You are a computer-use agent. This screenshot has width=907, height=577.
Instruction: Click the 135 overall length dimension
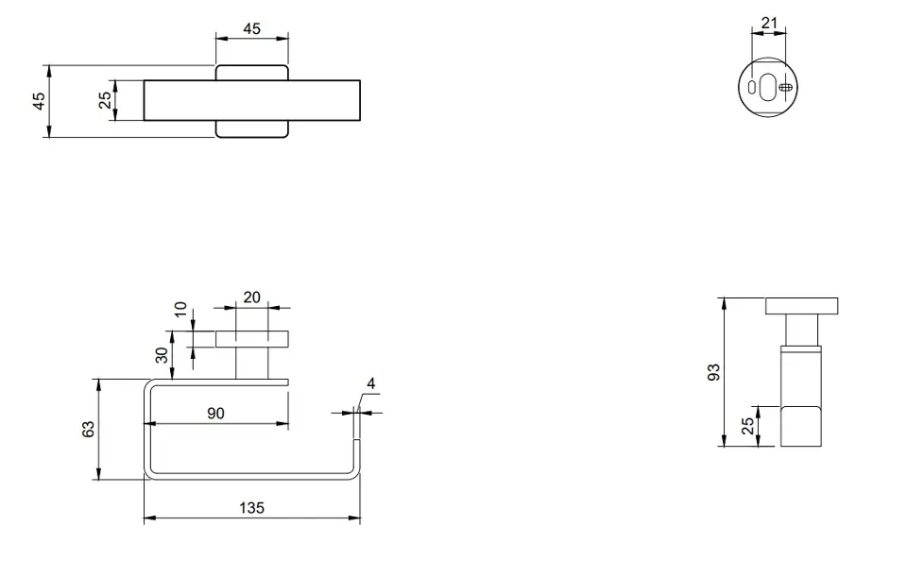(x=251, y=508)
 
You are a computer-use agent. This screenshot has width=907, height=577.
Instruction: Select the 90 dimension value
(x=215, y=414)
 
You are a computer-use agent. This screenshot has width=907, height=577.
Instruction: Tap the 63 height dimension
(x=89, y=429)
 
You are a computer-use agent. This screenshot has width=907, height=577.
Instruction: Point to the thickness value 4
(x=370, y=383)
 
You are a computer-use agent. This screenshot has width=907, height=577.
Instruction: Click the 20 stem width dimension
(x=251, y=297)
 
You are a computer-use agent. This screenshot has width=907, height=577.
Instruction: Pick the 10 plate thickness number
(x=181, y=310)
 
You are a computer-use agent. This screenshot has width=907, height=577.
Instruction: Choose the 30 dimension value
(x=163, y=354)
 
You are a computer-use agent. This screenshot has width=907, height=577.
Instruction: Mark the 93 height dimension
(x=714, y=372)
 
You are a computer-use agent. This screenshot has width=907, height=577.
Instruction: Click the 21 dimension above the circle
(x=769, y=23)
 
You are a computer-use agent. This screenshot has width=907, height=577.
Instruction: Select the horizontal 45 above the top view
(x=251, y=28)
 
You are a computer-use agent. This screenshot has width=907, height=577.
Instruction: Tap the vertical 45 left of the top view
(x=39, y=101)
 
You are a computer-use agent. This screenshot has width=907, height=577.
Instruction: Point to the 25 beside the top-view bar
(x=105, y=100)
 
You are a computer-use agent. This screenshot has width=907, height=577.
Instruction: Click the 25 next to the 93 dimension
(x=748, y=426)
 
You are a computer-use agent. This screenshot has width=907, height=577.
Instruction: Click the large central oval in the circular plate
(x=768, y=87)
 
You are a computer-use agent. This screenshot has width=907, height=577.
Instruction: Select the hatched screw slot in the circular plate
(x=785, y=87)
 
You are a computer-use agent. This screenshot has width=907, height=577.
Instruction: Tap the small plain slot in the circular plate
(x=752, y=87)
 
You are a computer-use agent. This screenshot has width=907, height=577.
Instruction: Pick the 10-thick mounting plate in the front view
(x=252, y=339)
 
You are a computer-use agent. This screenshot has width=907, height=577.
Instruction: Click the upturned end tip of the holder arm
(x=357, y=406)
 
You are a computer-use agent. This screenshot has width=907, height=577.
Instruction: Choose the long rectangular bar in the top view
(x=252, y=101)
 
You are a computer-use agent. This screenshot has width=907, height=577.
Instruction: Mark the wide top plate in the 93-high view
(x=802, y=306)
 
